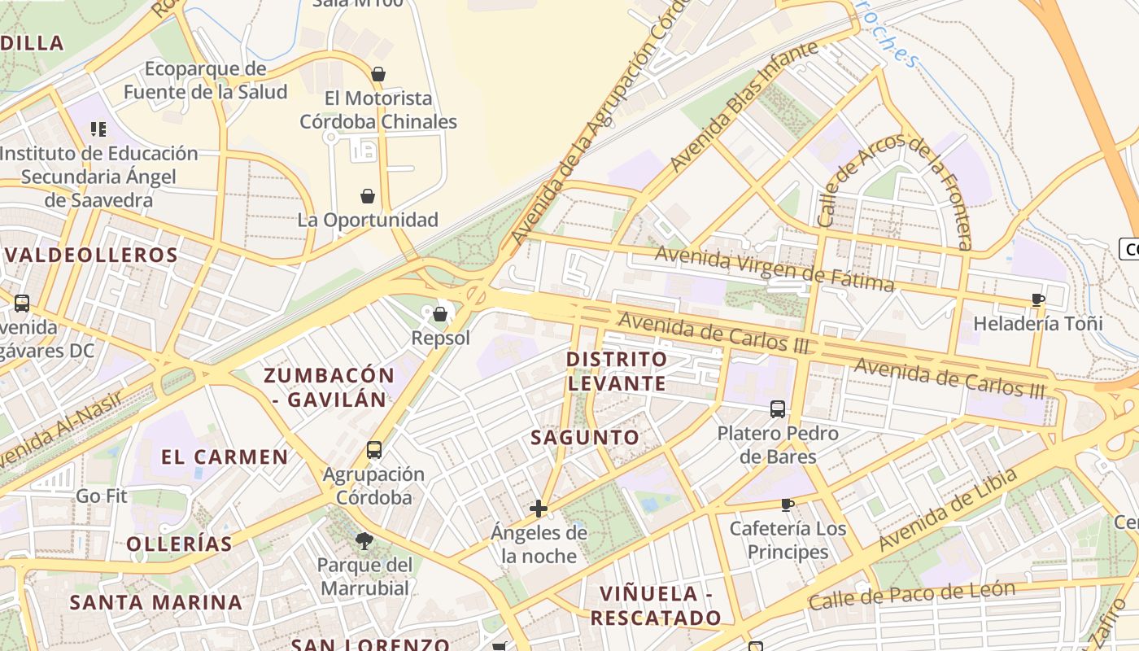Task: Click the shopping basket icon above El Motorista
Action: coord(377,74)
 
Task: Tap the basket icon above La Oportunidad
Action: coord(368,196)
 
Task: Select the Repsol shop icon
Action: coord(440,313)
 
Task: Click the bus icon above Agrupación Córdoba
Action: coord(374,449)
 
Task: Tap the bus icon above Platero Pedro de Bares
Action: coord(778,409)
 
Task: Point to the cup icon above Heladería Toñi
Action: coord(1037,299)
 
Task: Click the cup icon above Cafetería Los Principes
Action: coord(787,505)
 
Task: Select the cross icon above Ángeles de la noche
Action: coord(538,509)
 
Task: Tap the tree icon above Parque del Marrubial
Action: coord(364,540)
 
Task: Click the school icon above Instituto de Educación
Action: coord(98,129)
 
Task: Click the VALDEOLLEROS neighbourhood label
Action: coord(91,255)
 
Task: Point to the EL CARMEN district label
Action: coord(225,457)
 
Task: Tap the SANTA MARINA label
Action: coord(155,602)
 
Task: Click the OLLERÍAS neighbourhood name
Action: coord(180,543)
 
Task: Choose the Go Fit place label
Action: coord(102,496)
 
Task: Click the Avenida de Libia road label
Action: coord(948,509)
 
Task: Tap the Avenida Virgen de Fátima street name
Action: coord(775,269)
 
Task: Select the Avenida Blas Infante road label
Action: coord(744,107)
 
